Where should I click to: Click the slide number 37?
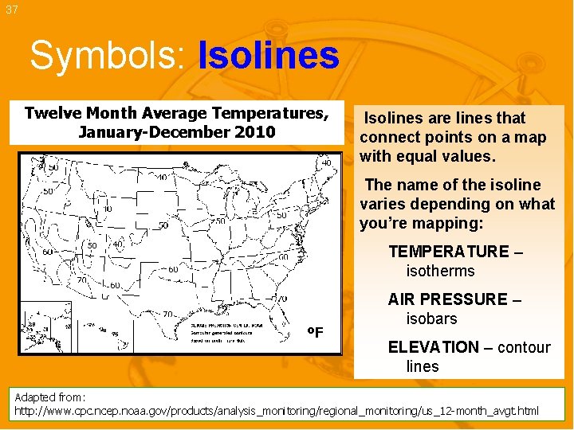(10, 10)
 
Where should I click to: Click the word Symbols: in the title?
(109, 57)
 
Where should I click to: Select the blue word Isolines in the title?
(268, 57)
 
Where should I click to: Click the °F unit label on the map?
(316, 332)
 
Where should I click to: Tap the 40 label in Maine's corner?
(326, 163)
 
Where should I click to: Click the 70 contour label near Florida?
(282, 298)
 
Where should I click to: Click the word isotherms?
(440, 272)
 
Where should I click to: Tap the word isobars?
(431, 319)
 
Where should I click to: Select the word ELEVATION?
(433, 347)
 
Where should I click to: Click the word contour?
(524, 347)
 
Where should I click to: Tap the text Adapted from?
(50, 397)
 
